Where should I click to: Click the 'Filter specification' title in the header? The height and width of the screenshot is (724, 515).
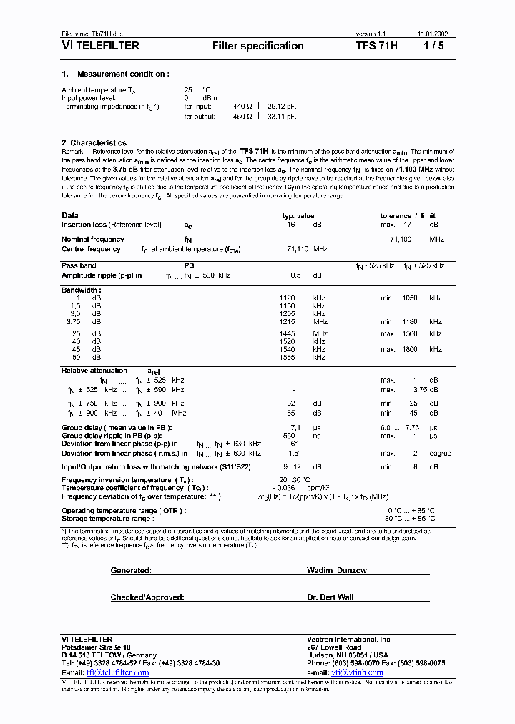258,46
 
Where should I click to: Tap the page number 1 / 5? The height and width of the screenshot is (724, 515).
434,46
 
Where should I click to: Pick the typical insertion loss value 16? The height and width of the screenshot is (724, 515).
291,225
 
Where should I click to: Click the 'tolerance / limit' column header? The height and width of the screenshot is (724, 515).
408,215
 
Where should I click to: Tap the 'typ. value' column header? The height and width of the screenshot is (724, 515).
298,215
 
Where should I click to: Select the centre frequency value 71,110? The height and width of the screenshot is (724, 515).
295,249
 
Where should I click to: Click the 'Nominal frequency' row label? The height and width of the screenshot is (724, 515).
92,240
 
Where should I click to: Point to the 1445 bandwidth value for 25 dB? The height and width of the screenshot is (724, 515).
287,333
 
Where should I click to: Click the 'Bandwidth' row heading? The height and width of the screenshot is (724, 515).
81,290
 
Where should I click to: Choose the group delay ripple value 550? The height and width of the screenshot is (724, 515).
289,435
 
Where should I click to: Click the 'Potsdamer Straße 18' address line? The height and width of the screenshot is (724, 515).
97,647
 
